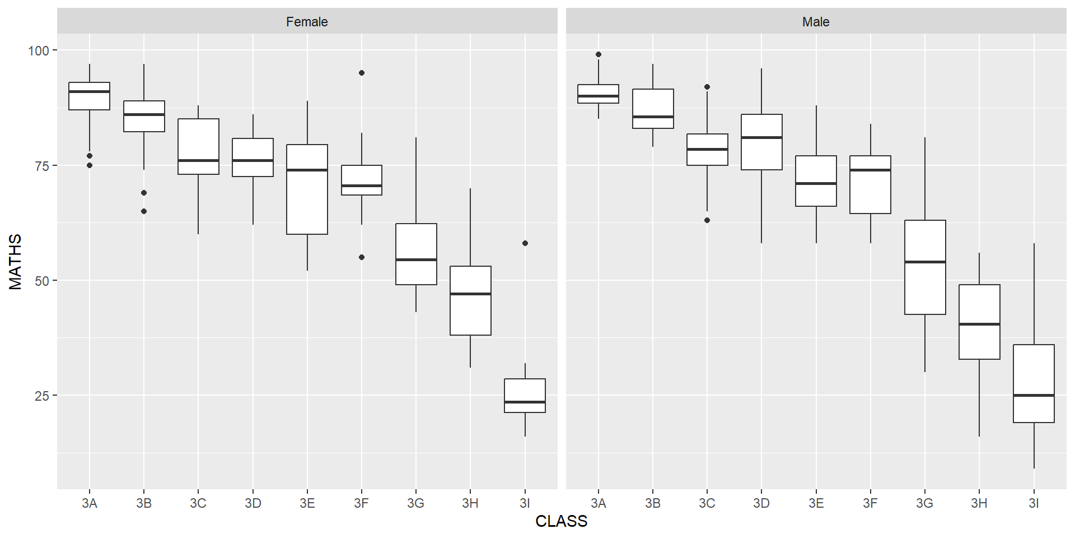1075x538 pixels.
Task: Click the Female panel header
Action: click(307, 22)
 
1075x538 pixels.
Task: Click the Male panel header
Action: click(816, 22)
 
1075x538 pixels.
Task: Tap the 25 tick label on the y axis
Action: click(42, 396)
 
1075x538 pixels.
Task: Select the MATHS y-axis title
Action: click(16, 262)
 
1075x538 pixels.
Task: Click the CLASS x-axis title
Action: click(561, 521)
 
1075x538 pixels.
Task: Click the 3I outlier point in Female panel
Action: click(525, 243)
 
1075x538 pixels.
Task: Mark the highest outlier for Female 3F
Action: click(362, 73)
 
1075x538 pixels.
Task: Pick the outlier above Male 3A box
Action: click(599, 54)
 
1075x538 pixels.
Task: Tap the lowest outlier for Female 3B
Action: click(144, 211)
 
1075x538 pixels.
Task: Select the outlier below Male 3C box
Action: click(707, 220)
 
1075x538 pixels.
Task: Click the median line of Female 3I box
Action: click(525, 402)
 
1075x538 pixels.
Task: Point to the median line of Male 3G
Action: click(925, 262)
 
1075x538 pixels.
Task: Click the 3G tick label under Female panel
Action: click(416, 503)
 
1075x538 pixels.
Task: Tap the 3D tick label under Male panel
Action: click(761, 503)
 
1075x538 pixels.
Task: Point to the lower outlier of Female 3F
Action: click(362, 257)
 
